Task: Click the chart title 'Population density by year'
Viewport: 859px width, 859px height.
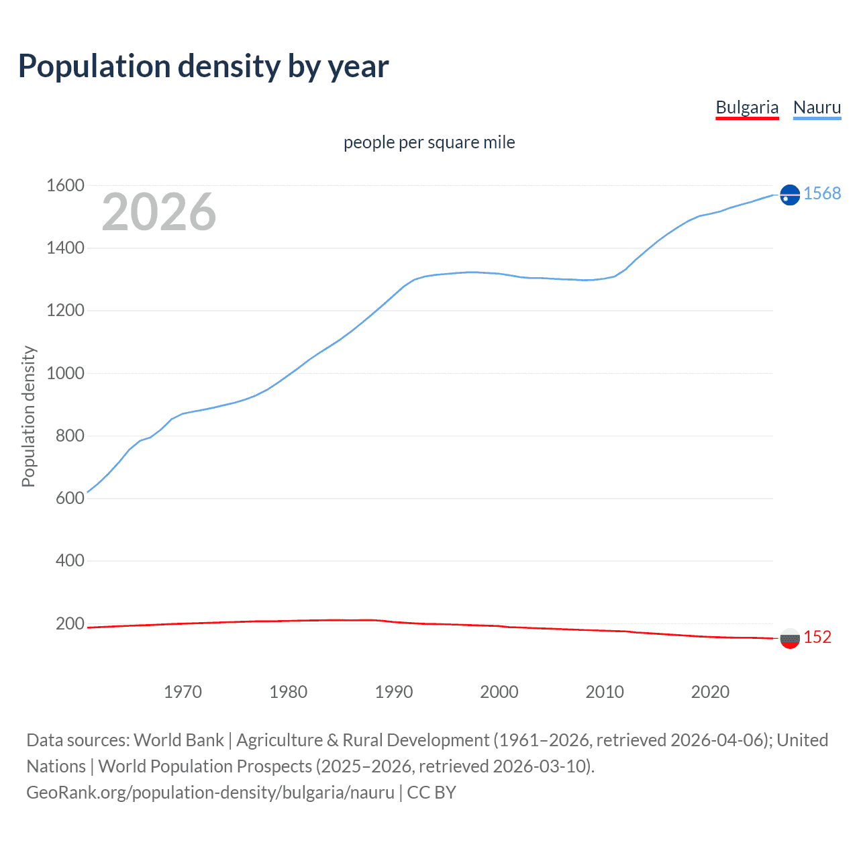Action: tap(203, 66)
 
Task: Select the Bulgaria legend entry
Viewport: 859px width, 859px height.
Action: tap(747, 107)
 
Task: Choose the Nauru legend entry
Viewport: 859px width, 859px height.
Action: tap(817, 107)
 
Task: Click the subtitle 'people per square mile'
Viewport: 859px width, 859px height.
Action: tap(429, 142)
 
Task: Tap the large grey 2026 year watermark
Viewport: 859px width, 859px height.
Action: tap(159, 212)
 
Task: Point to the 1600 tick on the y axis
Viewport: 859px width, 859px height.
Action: tap(65, 185)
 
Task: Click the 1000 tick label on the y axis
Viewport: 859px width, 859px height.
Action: tap(65, 373)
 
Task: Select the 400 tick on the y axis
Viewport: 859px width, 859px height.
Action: tap(70, 560)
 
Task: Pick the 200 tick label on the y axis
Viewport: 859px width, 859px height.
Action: tap(70, 623)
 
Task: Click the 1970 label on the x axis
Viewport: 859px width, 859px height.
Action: tap(183, 692)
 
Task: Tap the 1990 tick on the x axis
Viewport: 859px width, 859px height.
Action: tap(394, 692)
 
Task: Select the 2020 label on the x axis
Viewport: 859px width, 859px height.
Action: tap(710, 692)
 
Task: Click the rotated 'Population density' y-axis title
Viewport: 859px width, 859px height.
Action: tap(28, 416)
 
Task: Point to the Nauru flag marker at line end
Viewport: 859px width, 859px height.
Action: tap(790, 195)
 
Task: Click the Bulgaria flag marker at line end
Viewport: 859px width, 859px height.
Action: tap(790, 638)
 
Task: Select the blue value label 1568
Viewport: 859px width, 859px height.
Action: tap(822, 193)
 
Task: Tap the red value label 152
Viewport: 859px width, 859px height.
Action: tap(817, 637)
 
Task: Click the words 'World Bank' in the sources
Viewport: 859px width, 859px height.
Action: tap(179, 740)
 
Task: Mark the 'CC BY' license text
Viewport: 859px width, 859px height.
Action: tap(432, 793)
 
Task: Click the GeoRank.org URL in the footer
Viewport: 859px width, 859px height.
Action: tap(210, 793)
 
